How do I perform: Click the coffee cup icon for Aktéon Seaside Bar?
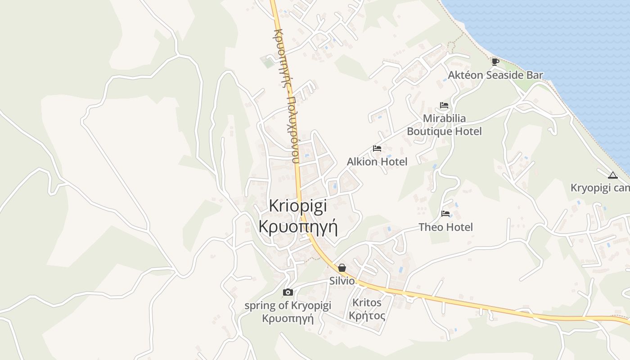(495, 62)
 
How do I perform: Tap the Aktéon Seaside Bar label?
(495, 75)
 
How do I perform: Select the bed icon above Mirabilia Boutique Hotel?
(444, 106)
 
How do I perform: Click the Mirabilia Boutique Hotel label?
(444, 125)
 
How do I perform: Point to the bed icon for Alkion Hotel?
(377, 148)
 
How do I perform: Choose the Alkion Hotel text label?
(377, 162)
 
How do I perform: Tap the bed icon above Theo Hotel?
(445, 213)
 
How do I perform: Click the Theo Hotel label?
(445, 227)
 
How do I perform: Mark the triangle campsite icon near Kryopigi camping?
(612, 175)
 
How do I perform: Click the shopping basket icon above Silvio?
(342, 268)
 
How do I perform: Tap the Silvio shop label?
(342, 281)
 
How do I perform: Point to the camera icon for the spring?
(288, 292)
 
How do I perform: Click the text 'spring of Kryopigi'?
(288, 306)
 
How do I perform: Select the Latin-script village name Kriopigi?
(298, 206)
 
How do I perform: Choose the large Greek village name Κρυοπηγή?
(298, 225)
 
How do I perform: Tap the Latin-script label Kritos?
(367, 302)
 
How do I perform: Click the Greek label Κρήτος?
(367, 315)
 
